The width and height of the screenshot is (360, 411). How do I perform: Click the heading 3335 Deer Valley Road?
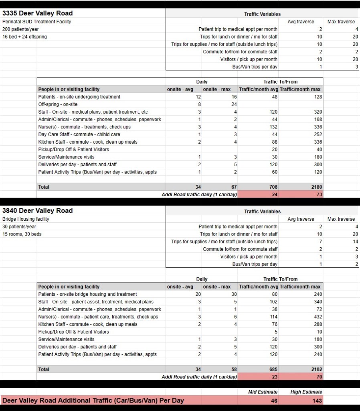click(38, 13)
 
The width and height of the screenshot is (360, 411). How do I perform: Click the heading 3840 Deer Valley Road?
click(38, 211)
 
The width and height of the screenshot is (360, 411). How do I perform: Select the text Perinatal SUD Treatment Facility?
click(36, 22)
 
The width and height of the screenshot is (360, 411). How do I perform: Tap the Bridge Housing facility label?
click(26, 219)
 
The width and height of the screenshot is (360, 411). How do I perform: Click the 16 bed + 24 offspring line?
click(24, 37)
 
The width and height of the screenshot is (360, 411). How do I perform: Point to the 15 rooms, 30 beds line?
click(22, 234)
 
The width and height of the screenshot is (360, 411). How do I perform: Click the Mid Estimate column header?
click(263, 392)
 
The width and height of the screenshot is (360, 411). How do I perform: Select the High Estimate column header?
click(306, 392)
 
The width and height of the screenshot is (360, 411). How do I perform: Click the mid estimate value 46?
click(274, 401)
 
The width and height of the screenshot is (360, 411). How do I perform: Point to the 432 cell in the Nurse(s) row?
click(316, 317)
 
